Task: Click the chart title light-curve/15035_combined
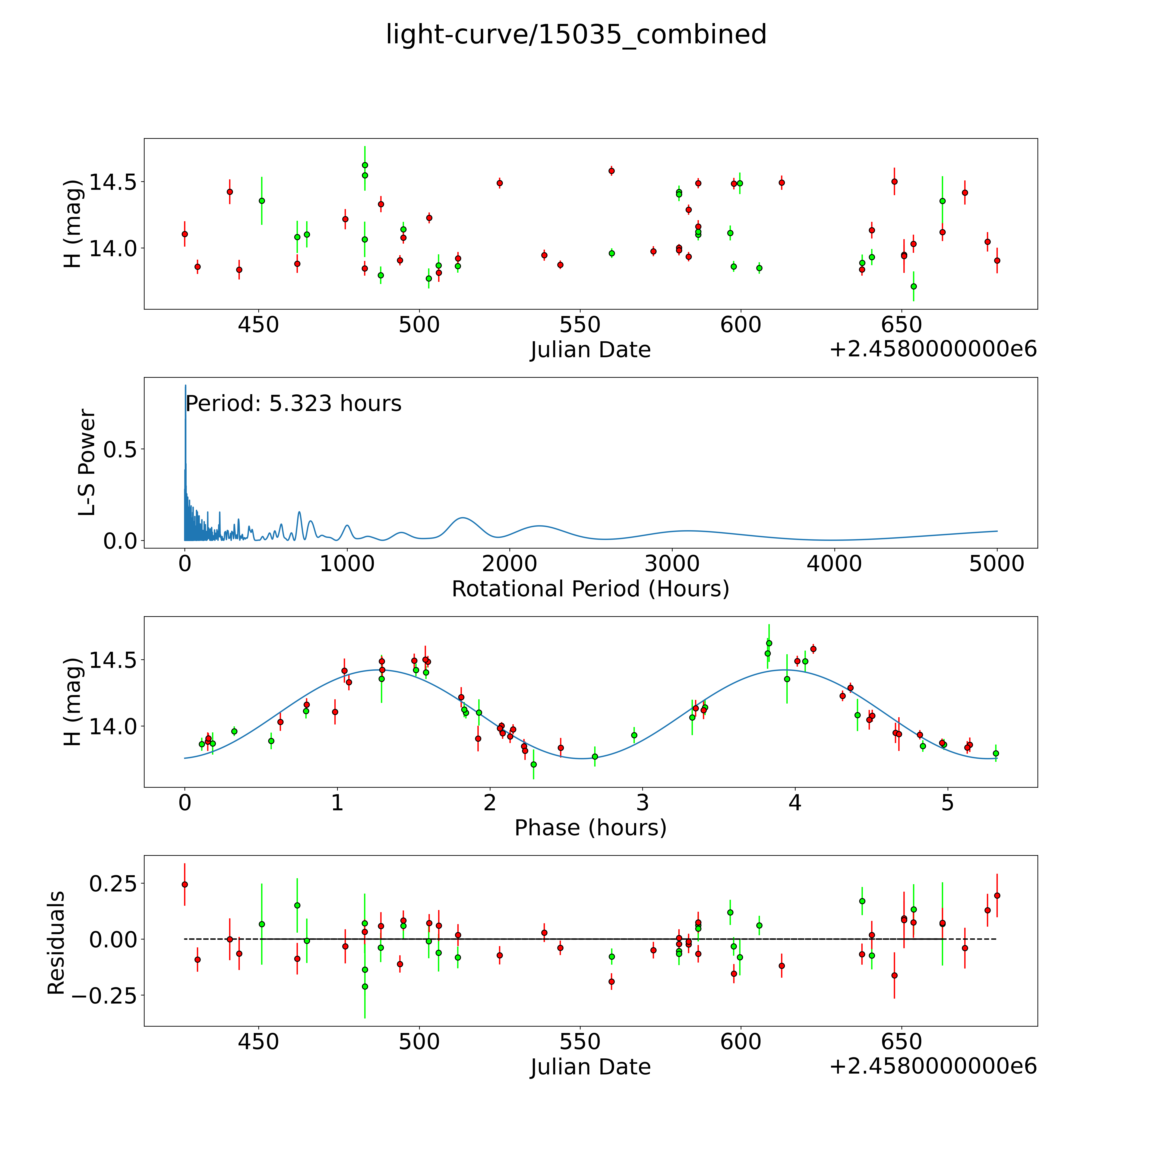pyautogui.click(x=576, y=35)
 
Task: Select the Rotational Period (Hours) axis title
pyautogui.click(x=590, y=589)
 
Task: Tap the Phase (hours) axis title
pyautogui.click(x=590, y=828)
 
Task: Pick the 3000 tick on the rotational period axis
pyautogui.click(x=672, y=563)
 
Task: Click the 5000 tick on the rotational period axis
pyautogui.click(x=997, y=563)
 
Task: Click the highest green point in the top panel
pyautogui.click(x=365, y=165)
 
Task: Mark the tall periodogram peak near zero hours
pyautogui.click(x=186, y=386)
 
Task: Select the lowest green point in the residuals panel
pyautogui.click(x=365, y=986)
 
